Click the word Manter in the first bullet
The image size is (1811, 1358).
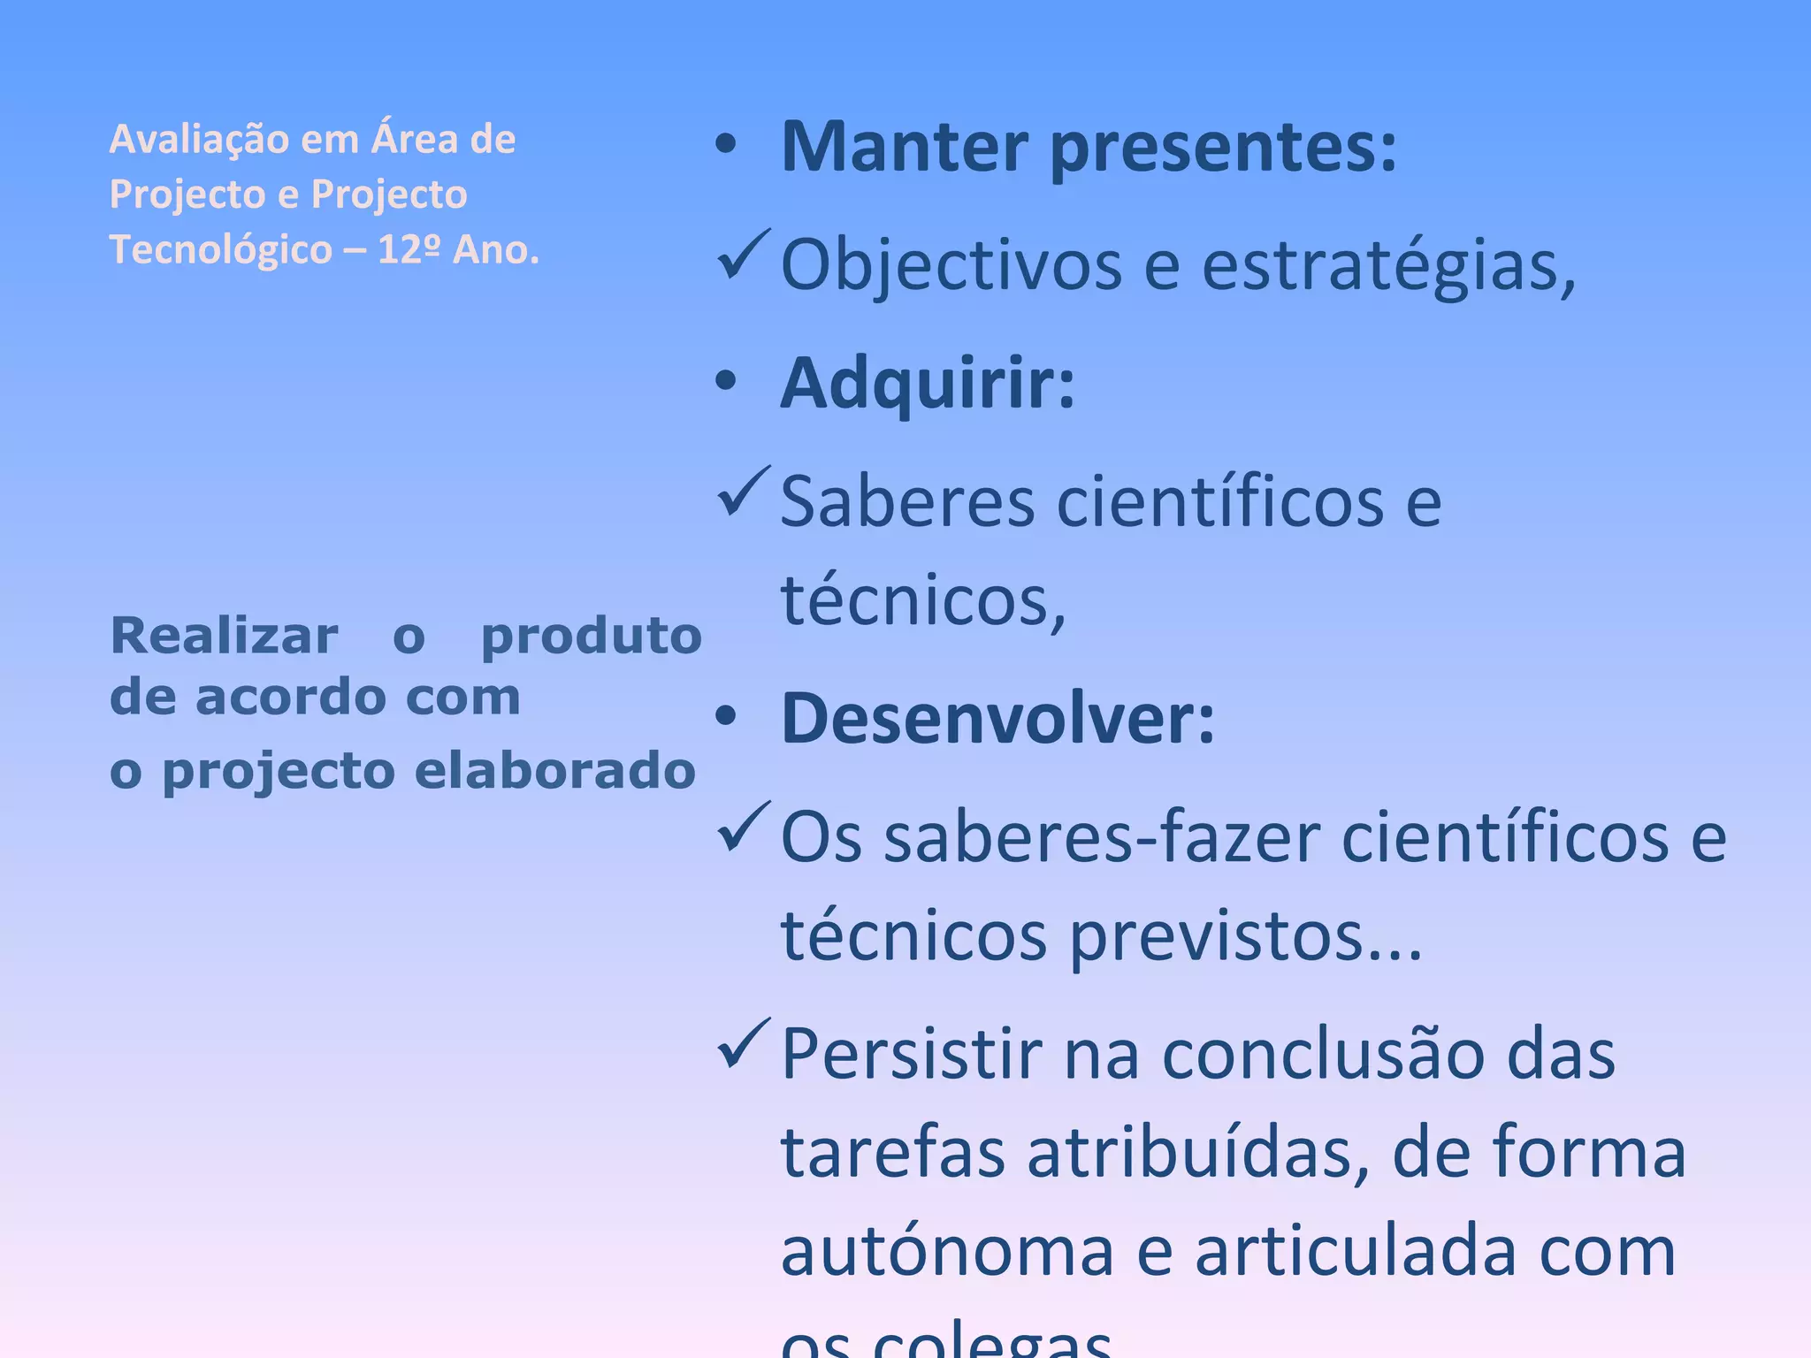[x=904, y=147]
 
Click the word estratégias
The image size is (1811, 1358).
[x=1388, y=265]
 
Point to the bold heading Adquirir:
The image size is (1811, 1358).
[x=927, y=385]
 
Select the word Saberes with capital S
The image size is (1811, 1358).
[x=907, y=502]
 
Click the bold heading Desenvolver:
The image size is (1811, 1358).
[x=997, y=719]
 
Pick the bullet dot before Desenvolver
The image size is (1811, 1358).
[x=726, y=717]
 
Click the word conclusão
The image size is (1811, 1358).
[x=1323, y=1055]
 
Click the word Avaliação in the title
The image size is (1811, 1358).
[x=198, y=140]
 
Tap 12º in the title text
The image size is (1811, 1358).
[x=409, y=250]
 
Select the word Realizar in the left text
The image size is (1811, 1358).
[x=224, y=636]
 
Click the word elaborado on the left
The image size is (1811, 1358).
[x=554, y=771]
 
